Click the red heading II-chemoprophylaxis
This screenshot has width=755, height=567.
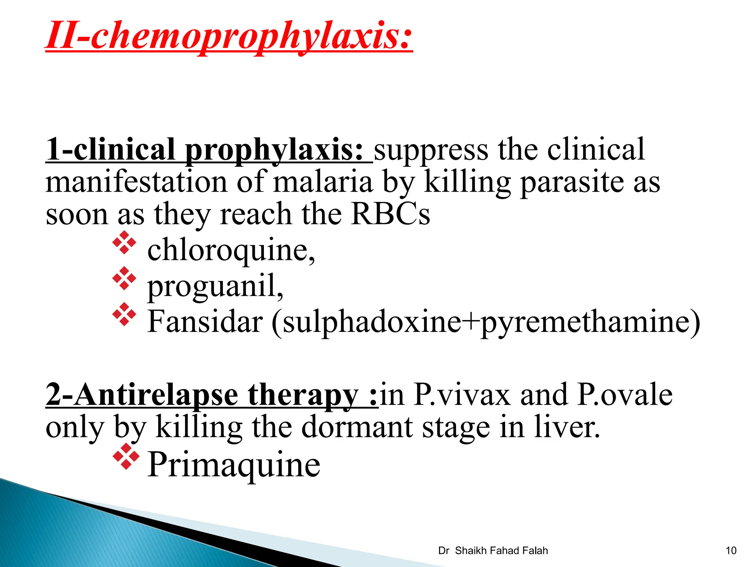(x=229, y=36)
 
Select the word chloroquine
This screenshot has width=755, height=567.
(x=231, y=250)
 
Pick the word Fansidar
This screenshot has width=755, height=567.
(x=205, y=321)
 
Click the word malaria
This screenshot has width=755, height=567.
(x=323, y=182)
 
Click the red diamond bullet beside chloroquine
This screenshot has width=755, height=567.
(x=124, y=243)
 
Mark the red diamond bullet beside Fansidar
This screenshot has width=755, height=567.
(x=124, y=314)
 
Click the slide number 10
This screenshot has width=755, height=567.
(x=731, y=551)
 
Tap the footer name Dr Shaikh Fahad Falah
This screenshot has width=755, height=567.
(x=493, y=551)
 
